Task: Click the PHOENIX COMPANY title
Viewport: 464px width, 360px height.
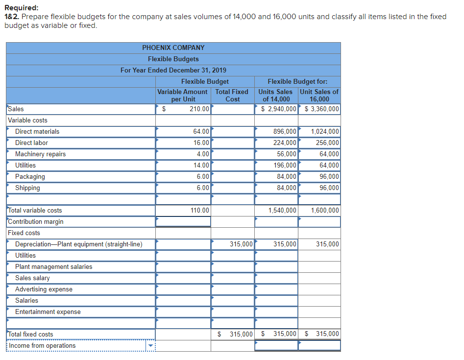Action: coord(173,48)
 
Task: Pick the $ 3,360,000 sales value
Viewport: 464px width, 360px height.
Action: coord(321,109)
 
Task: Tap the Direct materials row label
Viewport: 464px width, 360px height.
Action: coord(37,131)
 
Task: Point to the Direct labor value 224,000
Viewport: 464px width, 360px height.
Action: coord(284,143)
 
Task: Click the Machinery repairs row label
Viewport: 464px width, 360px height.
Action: coord(40,154)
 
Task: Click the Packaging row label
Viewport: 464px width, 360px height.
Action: coord(30,176)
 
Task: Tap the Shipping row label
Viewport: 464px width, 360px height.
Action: coord(27,188)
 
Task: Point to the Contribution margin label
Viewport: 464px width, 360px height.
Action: coord(36,221)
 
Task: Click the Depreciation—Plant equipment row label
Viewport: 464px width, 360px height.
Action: coord(78,244)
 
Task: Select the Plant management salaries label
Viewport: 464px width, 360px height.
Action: coord(53,266)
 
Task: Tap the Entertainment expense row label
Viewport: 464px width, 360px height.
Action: coord(48,312)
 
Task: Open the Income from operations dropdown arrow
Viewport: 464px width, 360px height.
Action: coord(150,346)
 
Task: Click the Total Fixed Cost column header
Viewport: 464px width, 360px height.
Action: coord(232,95)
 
